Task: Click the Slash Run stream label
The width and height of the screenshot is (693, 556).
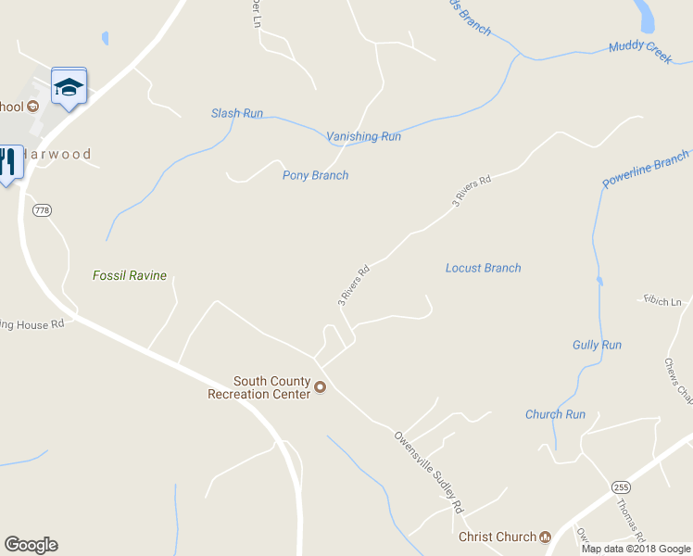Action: [237, 114]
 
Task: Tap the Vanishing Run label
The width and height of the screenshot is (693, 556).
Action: [363, 136]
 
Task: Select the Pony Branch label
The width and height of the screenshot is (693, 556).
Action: [315, 175]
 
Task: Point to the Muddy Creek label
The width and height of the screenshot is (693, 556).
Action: [640, 52]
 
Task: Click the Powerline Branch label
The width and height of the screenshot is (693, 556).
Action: [646, 169]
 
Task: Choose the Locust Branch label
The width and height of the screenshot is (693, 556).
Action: [483, 268]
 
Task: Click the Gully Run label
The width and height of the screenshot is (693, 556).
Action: [597, 345]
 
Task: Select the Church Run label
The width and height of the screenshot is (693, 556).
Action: [555, 414]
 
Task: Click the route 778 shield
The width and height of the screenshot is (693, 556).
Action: [42, 210]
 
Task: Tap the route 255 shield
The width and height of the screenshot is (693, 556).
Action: [621, 486]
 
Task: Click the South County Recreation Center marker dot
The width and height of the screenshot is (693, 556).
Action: [321, 387]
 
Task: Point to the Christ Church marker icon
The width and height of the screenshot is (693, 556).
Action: [545, 537]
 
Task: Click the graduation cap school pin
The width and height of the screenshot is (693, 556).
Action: [69, 87]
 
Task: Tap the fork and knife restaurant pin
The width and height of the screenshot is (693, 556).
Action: [7, 163]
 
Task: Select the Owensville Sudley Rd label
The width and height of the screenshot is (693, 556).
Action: [428, 473]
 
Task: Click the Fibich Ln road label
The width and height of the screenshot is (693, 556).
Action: [662, 300]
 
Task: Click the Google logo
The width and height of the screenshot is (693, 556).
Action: [31, 545]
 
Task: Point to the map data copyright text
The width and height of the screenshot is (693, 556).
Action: [636, 549]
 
